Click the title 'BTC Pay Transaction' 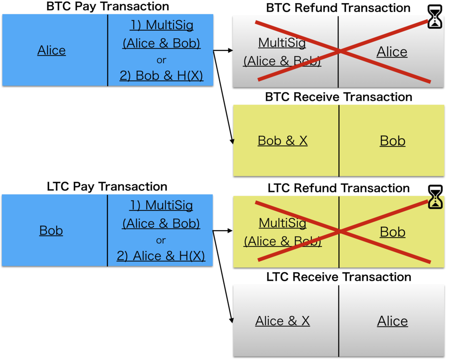click(x=108, y=6)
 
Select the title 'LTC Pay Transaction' click(x=107, y=186)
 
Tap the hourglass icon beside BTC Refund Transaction click(x=435, y=17)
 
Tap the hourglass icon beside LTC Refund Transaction click(x=435, y=197)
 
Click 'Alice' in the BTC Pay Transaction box click(x=52, y=50)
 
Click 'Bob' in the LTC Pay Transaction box click(x=51, y=231)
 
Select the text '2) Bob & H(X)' click(x=161, y=75)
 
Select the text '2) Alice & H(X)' click(x=160, y=256)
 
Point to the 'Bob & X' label click(x=283, y=141)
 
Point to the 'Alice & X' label click(x=283, y=321)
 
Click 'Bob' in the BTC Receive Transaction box click(x=392, y=141)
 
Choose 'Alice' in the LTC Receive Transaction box click(x=392, y=321)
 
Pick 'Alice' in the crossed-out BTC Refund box click(x=392, y=52)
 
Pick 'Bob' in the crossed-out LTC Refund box click(x=392, y=232)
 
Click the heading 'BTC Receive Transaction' click(x=339, y=97)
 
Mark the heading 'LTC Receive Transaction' click(x=339, y=277)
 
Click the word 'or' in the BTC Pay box click(x=161, y=60)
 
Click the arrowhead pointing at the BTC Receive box click(x=232, y=141)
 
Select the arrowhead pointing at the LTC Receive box click(x=232, y=320)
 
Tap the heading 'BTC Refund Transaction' click(x=338, y=8)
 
